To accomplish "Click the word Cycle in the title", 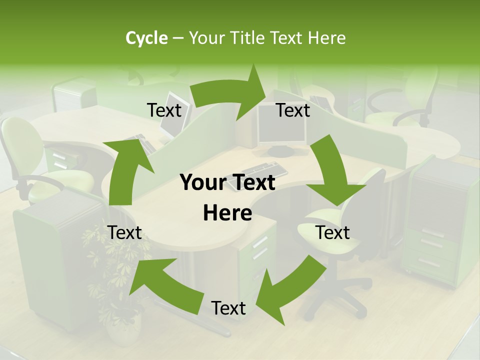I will (x=146, y=38).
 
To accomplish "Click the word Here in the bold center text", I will (x=227, y=213).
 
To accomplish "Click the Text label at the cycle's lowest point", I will (x=228, y=308).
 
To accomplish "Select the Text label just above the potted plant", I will (x=124, y=232).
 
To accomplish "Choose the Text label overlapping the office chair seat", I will (x=332, y=232).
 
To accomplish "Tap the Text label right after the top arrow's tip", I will (x=293, y=110).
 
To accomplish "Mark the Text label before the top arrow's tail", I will (x=164, y=110).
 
